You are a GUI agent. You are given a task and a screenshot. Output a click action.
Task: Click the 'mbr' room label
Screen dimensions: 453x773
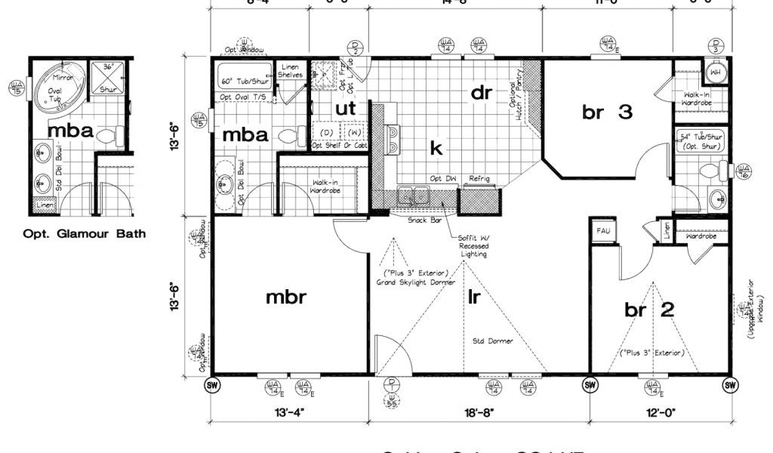285,297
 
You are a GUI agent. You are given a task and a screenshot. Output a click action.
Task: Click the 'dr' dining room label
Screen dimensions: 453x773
482,92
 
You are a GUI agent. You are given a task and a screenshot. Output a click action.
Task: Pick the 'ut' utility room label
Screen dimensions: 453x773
345,109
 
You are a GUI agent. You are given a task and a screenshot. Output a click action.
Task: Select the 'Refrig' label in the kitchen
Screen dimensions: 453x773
479,178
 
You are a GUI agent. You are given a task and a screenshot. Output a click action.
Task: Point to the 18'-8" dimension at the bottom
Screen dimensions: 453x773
478,412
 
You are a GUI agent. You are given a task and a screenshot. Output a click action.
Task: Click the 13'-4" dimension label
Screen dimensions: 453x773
289,412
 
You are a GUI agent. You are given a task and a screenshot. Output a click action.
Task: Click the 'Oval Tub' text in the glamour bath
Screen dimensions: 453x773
54,94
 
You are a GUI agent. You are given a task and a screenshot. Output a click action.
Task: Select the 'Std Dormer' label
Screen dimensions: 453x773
494,341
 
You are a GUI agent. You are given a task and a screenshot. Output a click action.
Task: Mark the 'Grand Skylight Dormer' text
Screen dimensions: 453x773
417,282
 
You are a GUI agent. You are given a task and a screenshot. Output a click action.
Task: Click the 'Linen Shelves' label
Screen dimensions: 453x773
291,70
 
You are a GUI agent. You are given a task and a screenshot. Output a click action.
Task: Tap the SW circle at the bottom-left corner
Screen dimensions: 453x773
212,385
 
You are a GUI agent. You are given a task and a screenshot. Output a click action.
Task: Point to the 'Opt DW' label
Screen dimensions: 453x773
441,178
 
